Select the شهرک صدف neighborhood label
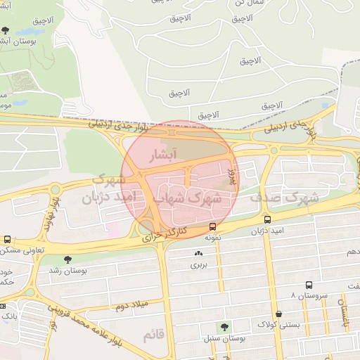(x=283, y=198)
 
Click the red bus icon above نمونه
(x=212, y=226)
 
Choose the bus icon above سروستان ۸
(x=309, y=285)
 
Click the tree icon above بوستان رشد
(x=67, y=259)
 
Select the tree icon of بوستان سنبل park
(x=224, y=327)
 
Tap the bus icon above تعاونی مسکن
(x=7, y=240)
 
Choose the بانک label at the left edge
(x=8, y=317)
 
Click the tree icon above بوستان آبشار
(x=6, y=31)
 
